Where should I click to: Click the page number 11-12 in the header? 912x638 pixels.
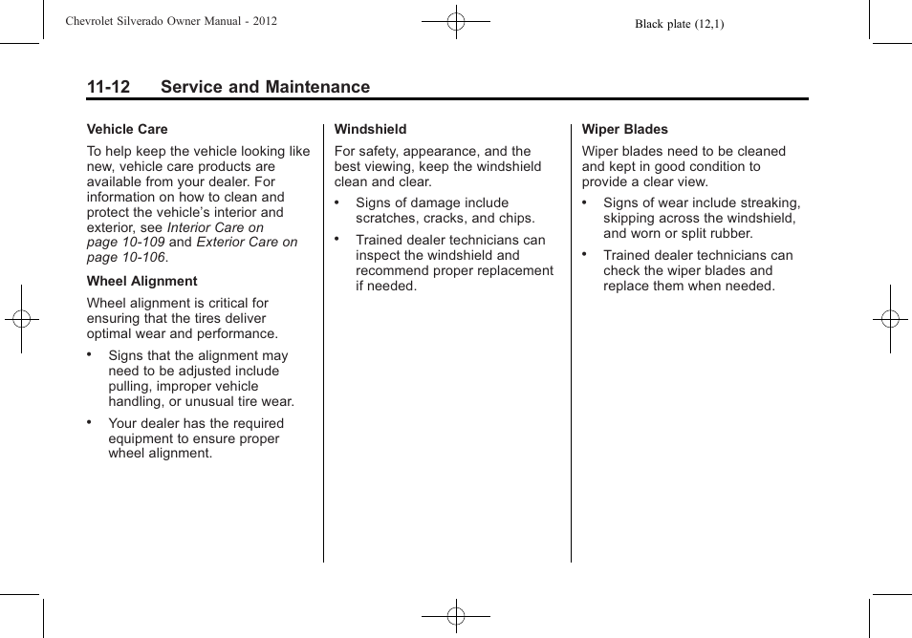point(108,87)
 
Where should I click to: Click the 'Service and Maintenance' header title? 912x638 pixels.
point(265,87)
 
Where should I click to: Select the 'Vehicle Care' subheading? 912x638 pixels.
point(127,129)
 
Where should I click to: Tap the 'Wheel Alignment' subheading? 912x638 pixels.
point(141,281)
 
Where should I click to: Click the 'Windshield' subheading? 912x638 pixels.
point(370,129)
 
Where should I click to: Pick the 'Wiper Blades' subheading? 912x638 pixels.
point(624,129)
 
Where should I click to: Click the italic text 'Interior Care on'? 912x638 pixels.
point(215,227)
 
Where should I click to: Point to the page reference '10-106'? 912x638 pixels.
point(141,258)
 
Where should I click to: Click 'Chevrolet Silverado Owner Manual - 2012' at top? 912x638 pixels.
point(171,20)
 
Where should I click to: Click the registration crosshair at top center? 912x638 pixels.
point(456,21)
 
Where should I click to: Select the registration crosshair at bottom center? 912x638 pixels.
point(456,616)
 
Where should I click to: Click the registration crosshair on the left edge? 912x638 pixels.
point(21,319)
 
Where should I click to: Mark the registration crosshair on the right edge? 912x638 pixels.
point(890,319)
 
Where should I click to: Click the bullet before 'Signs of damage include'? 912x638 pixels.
point(338,202)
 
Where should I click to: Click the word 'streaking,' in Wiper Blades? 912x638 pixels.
point(769,202)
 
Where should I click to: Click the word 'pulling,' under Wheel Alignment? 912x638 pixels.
point(130,387)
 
